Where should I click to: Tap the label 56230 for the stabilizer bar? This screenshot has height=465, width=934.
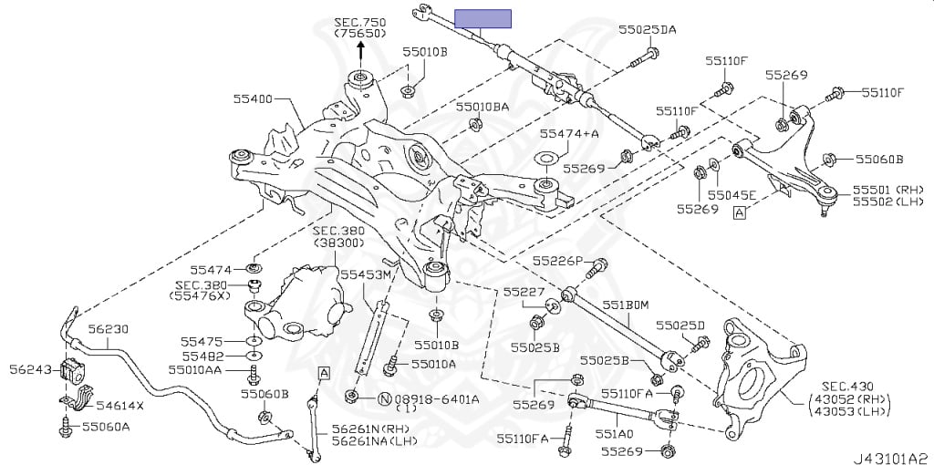(109, 330)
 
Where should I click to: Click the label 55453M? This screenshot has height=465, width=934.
(366, 274)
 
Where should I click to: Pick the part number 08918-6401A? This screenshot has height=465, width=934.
(430, 398)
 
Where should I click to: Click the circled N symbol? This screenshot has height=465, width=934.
(385, 398)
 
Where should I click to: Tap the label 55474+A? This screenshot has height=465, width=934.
(569, 133)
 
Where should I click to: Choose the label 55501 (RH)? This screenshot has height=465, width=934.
(876, 189)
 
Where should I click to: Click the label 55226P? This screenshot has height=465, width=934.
(557, 261)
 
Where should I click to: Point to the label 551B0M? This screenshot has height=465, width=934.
(624, 305)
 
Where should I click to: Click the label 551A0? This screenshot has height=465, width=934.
(615, 434)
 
